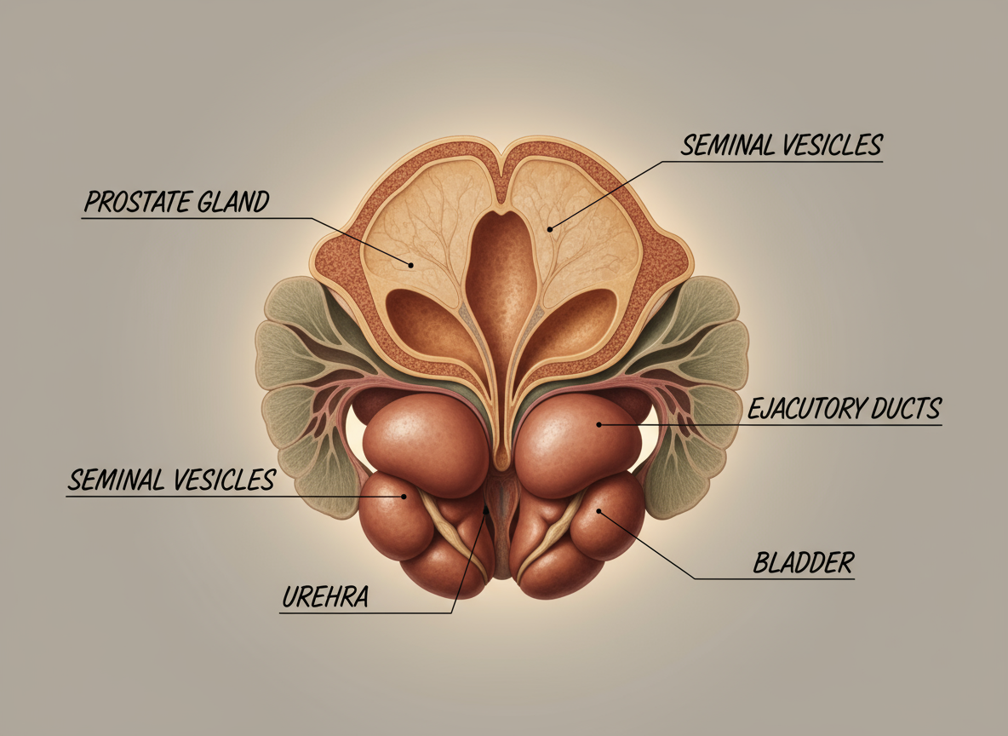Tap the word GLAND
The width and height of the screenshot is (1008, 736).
click(238, 202)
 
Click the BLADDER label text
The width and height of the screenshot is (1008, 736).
click(803, 562)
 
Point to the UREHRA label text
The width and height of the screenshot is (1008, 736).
click(324, 597)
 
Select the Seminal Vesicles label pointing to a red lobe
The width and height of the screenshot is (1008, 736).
click(171, 480)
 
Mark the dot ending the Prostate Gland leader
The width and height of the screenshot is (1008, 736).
click(410, 265)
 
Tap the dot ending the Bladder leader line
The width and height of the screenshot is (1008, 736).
click(598, 511)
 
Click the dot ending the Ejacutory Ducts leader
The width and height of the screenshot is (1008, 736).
click(599, 423)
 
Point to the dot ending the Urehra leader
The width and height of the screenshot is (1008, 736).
click(486, 510)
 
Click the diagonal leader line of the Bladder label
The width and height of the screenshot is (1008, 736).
click(647, 546)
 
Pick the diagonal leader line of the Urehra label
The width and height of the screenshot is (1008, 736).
click(470, 562)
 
